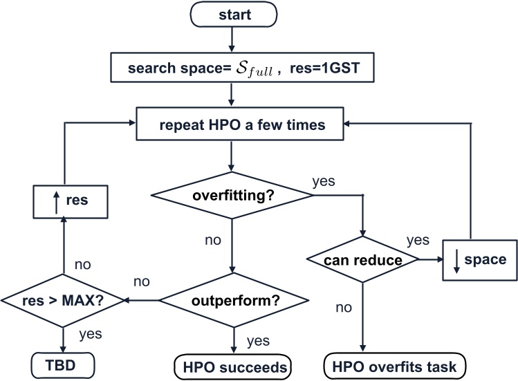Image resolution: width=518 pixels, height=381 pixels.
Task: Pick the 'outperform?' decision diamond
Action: click(232, 301)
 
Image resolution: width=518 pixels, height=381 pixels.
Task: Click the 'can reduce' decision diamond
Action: click(362, 260)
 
